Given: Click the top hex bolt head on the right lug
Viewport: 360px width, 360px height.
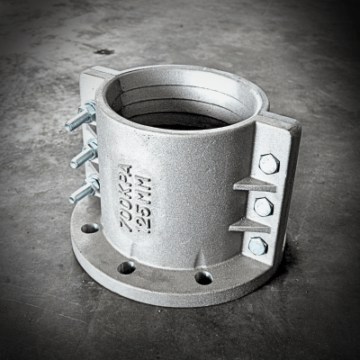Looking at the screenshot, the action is (x=269, y=164).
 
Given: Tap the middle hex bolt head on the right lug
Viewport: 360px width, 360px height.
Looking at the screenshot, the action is (x=264, y=207).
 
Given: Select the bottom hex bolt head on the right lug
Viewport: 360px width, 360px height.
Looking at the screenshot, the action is (x=258, y=246).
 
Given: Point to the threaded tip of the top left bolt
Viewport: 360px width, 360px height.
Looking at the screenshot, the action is (x=68, y=127).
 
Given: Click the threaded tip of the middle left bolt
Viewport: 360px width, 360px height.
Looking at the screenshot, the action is (x=74, y=164).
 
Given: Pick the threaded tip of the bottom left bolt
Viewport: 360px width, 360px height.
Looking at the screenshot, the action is (x=73, y=198).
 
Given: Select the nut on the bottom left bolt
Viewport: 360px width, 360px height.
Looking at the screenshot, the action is (x=94, y=184).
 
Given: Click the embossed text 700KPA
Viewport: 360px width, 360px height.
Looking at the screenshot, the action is (x=126, y=199).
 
